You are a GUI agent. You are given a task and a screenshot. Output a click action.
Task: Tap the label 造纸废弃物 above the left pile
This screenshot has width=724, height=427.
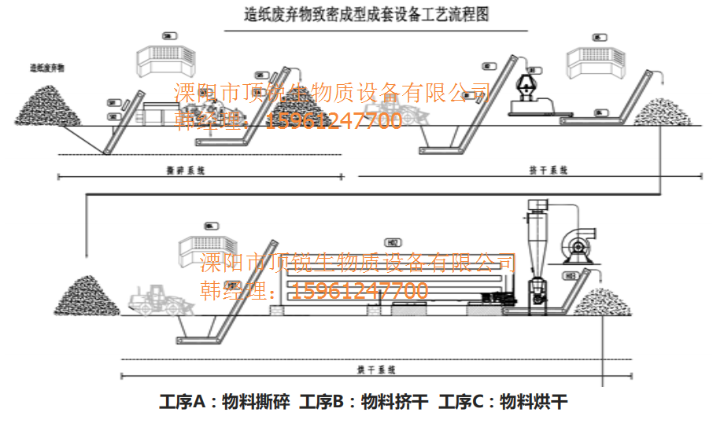click(x=47, y=68)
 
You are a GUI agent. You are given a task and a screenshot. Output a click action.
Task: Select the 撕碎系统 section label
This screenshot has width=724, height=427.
click(x=187, y=170)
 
